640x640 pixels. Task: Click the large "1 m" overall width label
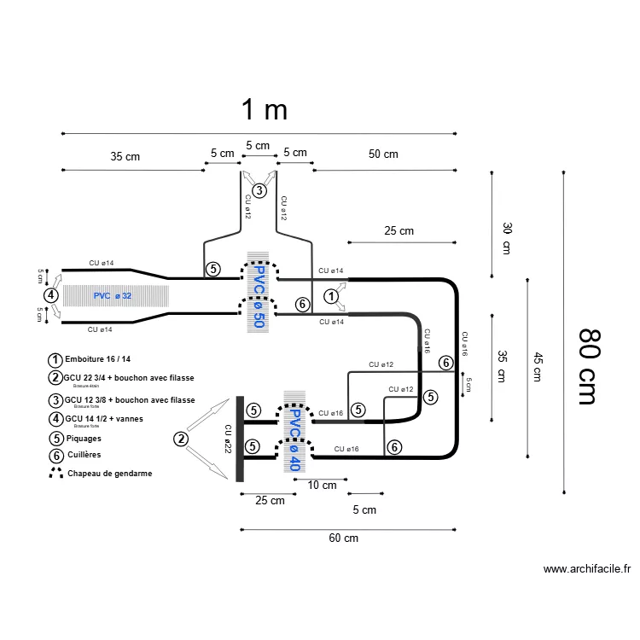coord(264,109)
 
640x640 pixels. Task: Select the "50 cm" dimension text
coord(383,154)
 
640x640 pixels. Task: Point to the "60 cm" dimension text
coord(343,538)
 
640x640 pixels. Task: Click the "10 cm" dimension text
coord(322,485)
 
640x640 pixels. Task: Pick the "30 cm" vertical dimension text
coord(506,238)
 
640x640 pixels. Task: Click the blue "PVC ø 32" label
coord(113,296)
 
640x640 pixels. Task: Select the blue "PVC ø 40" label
coord(293,440)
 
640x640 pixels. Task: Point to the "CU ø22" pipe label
coord(227,439)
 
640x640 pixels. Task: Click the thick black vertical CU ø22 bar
coord(240,439)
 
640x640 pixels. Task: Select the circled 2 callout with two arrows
coord(180,439)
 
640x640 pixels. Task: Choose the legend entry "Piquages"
coord(83,438)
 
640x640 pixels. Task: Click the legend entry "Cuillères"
coord(84,455)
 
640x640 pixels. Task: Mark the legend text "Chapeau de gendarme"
coord(110,473)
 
